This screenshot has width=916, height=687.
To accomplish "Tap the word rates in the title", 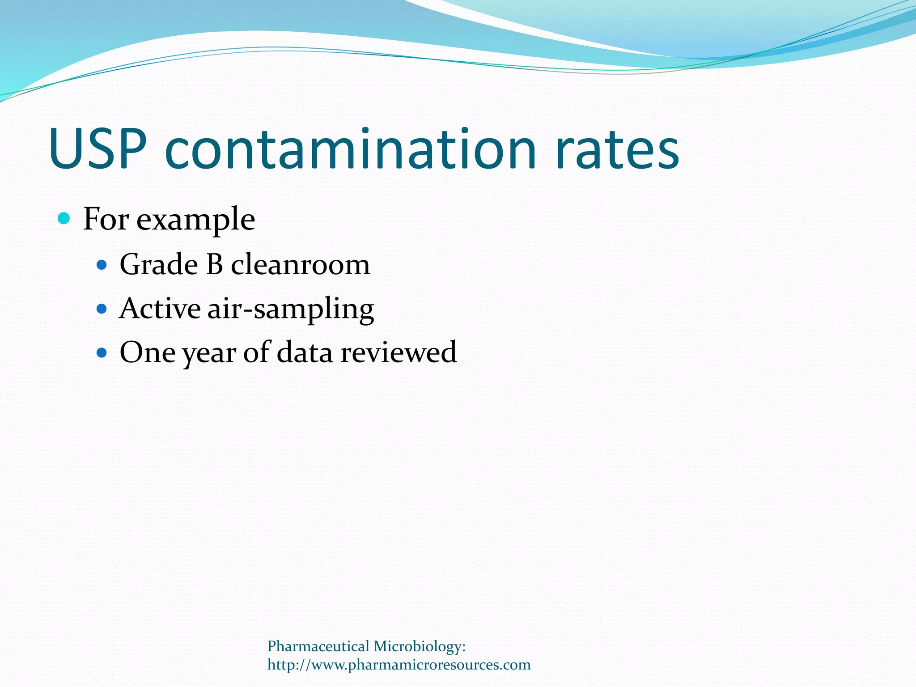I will click(x=617, y=150).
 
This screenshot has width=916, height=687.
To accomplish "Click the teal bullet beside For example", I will click(x=64, y=219).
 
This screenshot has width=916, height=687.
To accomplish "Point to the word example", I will click(x=195, y=221).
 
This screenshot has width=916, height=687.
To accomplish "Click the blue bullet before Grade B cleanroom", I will click(x=102, y=265).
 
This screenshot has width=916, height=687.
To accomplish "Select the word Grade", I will click(x=159, y=264).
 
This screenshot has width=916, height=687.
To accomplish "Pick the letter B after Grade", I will click(x=215, y=264).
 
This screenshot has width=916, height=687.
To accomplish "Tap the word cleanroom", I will click(x=300, y=265).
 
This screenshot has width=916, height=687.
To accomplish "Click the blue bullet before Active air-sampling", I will click(x=102, y=309).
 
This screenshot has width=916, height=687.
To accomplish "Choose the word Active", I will click(x=160, y=309).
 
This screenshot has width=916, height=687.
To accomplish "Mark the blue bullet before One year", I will click(x=102, y=352).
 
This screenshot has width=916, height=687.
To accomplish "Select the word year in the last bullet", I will click(x=209, y=354).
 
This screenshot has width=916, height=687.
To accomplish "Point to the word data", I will click(x=305, y=352).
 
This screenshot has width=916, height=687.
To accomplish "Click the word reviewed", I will click(x=399, y=352).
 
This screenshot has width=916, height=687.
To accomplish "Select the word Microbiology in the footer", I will click(x=420, y=647).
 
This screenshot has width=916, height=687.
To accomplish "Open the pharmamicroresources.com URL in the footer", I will click(x=399, y=665).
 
